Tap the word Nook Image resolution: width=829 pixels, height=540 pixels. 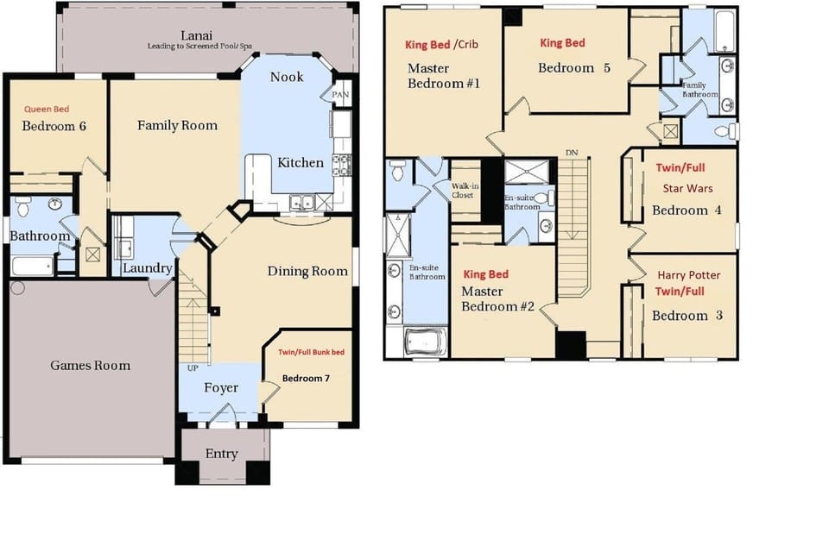287,77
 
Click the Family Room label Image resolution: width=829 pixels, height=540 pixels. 177,126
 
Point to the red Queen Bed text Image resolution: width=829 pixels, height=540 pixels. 47,110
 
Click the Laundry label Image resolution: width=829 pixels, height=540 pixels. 147,268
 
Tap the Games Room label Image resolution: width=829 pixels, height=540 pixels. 90,366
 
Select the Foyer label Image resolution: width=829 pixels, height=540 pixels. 221,388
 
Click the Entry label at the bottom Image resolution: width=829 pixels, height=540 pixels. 222,454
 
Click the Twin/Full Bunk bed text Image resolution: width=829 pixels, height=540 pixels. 311,353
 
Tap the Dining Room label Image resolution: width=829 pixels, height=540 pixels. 307,272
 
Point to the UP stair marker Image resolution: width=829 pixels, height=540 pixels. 192,368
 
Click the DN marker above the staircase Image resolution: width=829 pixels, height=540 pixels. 571,153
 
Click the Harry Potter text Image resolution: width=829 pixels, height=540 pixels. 688,275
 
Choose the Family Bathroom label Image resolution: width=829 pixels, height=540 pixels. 699,90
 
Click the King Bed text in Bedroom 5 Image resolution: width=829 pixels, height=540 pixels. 562,43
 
